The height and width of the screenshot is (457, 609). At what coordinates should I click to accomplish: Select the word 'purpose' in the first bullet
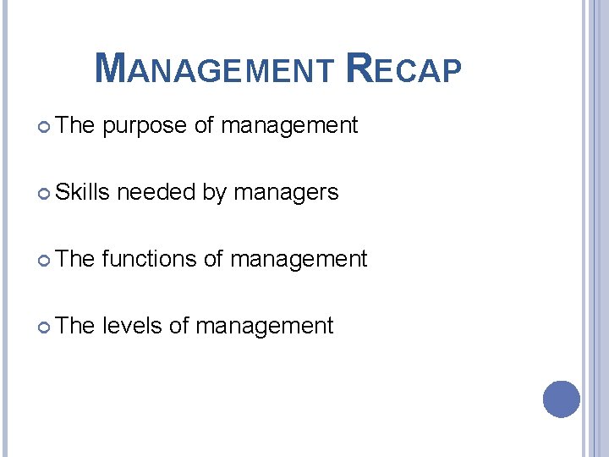pos(145,127)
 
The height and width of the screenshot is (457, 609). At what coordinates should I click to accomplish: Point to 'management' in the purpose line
pos(289,127)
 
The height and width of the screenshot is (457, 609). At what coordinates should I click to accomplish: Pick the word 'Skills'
pos(83,192)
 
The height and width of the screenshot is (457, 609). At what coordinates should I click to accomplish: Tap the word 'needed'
pos(156,192)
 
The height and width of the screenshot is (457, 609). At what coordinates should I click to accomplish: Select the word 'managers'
pos(286,193)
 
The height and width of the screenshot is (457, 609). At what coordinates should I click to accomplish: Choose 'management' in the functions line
pos(299,259)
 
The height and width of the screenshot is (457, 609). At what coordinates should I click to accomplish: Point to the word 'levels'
pos(132,326)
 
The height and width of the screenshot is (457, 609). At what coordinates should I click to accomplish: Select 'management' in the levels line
pos(265,326)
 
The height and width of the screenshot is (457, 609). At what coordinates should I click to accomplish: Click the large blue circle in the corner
pos(561,399)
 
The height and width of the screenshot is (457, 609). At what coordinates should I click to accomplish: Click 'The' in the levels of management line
pos(75,326)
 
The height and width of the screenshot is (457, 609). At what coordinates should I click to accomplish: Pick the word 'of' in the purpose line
pos(204,126)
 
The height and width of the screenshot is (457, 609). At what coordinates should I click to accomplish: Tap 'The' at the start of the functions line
pos(75,259)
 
